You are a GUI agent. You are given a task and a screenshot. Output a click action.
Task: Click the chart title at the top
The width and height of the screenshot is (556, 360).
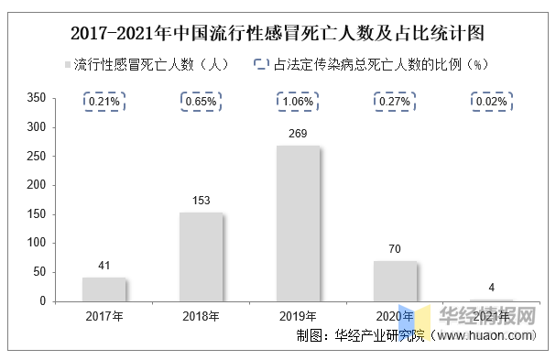click(278, 33)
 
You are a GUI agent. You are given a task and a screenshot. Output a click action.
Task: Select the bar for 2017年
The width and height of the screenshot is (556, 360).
click(104, 289)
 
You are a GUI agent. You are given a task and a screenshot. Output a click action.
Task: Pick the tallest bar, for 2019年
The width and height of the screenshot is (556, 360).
click(298, 223)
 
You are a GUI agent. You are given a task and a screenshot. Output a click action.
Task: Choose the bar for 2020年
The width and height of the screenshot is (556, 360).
click(395, 280)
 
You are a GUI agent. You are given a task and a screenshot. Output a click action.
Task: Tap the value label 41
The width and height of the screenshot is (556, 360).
click(104, 267)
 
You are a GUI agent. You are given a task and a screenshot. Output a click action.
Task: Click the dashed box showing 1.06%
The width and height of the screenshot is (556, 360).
click(298, 102)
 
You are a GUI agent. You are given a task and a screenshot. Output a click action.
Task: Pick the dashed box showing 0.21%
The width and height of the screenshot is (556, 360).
click(104, 102)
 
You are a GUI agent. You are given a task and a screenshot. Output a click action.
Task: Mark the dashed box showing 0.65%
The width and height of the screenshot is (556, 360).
click(201, 102)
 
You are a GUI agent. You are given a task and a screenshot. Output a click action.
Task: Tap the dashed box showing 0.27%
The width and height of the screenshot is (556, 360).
click(395, 102)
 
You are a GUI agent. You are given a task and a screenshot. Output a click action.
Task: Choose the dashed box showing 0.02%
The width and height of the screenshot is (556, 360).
click(492, 102)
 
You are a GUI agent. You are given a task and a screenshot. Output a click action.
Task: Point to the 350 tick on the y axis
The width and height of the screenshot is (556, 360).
click(37, 96)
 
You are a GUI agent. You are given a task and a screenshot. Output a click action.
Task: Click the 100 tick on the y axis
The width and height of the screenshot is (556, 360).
click(37, 243)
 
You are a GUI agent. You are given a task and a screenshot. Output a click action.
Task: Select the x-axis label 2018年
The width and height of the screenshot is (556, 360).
click(201, 317)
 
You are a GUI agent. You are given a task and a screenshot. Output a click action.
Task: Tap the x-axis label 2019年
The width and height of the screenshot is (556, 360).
click(298, 317)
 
